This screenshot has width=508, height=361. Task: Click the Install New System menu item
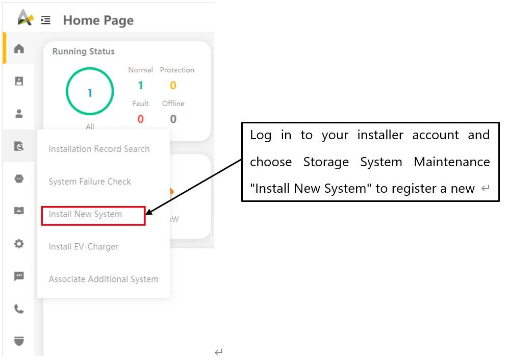click(x=85, y=214)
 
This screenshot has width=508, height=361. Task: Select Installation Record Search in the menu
click(x=99, y=149)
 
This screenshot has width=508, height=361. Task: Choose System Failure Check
click(x=90, y=182)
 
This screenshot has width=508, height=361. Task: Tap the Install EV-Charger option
click(x=84, y=247)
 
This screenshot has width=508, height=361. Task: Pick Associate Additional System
click(x=104, y=279)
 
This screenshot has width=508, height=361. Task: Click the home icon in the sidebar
click(x=19, y=48)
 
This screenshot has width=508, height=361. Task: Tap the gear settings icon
click(x=19, y=244)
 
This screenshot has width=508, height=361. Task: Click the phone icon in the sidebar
click(x=19, y=309)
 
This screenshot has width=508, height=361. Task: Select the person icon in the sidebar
click(x=19, y=114)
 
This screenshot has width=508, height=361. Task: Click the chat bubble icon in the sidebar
click(x=19, y=276)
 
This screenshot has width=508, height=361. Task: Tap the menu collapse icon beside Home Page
click(x=46, y=20)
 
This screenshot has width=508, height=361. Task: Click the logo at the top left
click(x=26, y=17)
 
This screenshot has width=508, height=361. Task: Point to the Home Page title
click(x=98, y=20)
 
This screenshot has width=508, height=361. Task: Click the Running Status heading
click(x=84, y=51)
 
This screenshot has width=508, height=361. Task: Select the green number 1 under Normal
click(x=140, y=86)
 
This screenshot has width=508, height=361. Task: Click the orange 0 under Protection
click(x=173, y=86)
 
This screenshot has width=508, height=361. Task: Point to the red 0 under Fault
click(x=140, y=119)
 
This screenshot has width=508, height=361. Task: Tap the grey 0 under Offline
click(x=173, y=119)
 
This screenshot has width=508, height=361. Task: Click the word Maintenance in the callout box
click(x=452, y=162)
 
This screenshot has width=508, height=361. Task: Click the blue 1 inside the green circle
click(x=90, y=93)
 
